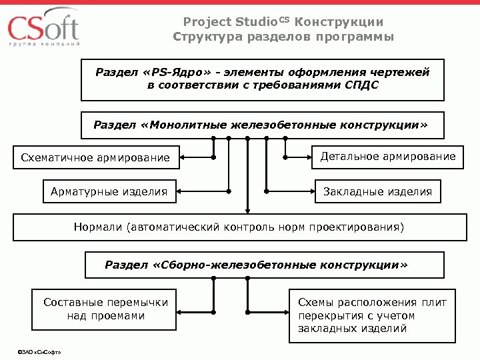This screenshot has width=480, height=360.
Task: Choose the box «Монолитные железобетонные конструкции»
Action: point(261,125)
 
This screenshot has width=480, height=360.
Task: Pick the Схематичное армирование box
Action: point(96,158)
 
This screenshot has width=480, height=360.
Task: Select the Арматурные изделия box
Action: point(109,192)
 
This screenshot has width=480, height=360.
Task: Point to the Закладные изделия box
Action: point(377,192)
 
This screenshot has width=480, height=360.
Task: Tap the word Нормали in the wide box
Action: point(97,227)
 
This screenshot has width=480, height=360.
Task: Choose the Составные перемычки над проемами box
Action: point(105,309)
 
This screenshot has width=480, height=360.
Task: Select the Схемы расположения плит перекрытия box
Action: point(372,315)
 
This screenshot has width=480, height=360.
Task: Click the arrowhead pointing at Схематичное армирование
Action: point(183,158)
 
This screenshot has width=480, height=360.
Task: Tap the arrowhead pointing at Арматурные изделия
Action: point(181,192)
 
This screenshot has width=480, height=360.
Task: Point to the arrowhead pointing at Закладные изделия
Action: point(313,192)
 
